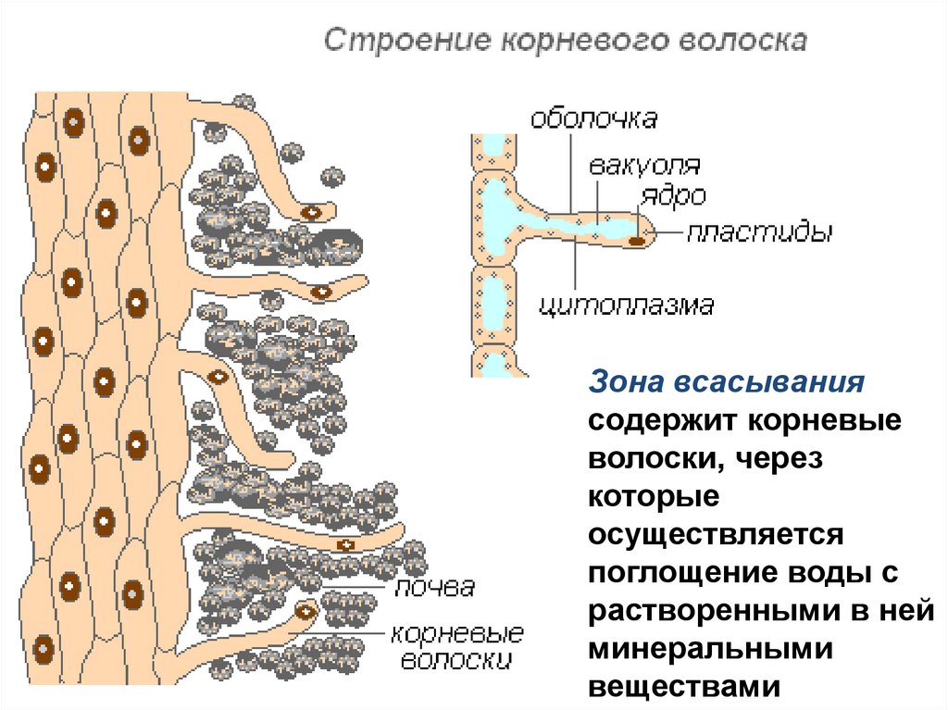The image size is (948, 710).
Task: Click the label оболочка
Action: coord(593,119)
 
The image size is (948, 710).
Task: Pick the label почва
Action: coord(434,588)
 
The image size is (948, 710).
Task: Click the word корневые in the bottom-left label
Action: coord(457,634)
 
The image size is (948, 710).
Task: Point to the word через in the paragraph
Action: coord(782,458)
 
